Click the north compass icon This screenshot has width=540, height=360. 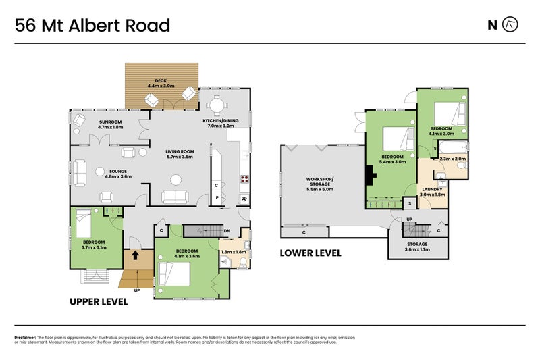pyautogui.click(x=511, y=25)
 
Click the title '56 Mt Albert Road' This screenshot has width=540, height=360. pyautogui.click(x=92, y=26)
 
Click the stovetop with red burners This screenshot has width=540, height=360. pyautogui.click(x=244, y=180)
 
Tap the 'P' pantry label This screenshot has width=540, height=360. pyautogui.click(x=217, y=198)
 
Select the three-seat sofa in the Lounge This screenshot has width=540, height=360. pyautogui.click(x=80, y=172)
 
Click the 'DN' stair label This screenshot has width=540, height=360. pyautogui.click(x=227, y=230)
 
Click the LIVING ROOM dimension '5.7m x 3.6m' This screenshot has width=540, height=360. pyautogui.click(x=180, y=156)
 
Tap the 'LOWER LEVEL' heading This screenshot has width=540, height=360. pyautogui.click(x=310, y=253)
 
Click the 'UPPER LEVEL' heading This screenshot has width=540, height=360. pyautogui.click(x=99, y=302)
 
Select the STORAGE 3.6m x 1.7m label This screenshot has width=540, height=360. pyautogui.click(x=417, y=247)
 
